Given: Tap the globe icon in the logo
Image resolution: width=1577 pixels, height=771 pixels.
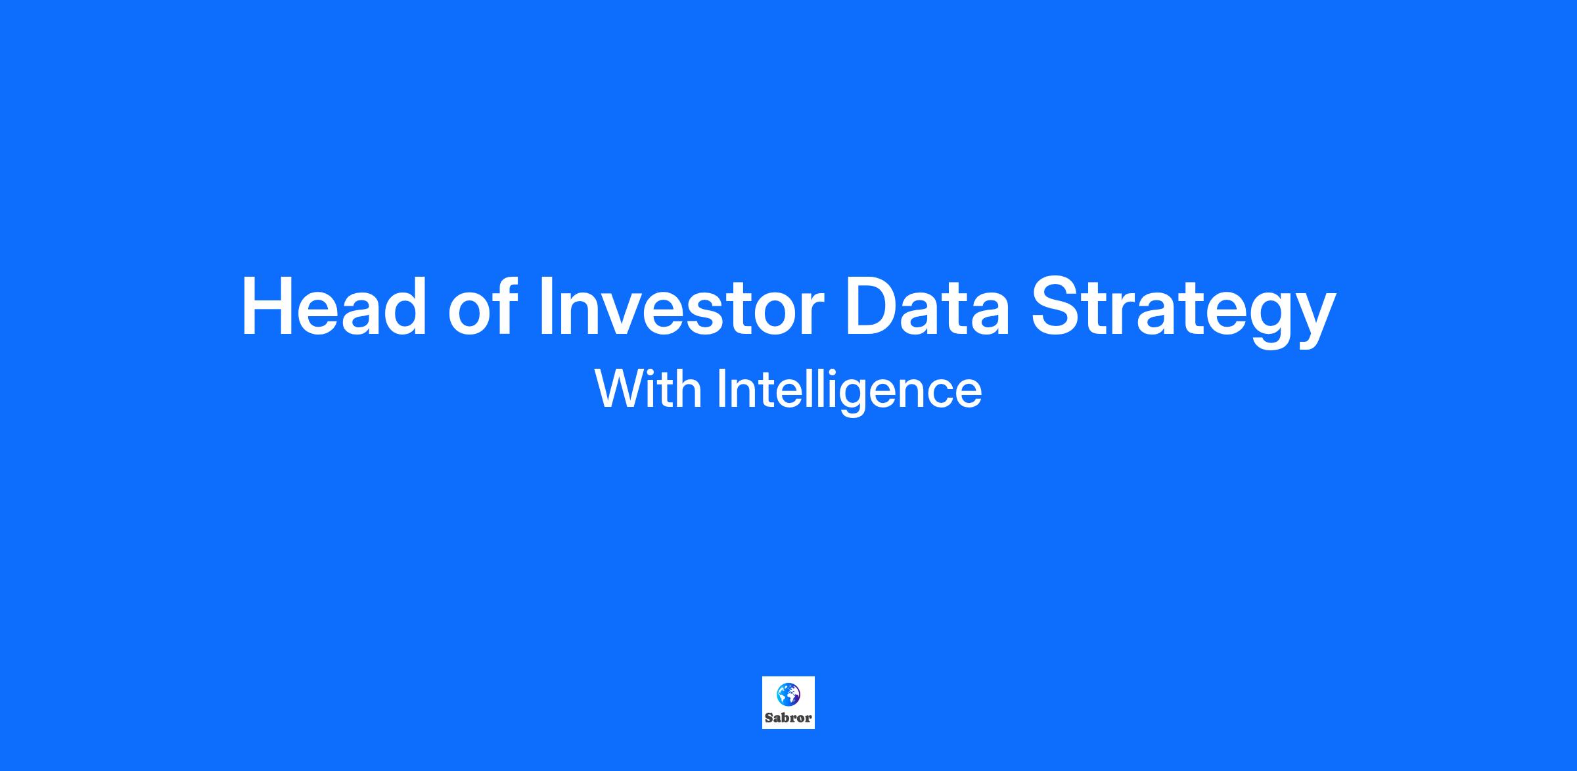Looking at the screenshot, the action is pos(788,694).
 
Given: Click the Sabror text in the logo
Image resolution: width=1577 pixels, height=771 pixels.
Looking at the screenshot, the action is pos(788,718).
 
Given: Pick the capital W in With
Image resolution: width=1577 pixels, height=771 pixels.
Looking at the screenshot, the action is pos(619,389).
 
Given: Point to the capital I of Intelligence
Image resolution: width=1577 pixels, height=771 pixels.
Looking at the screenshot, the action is pos(720,389).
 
